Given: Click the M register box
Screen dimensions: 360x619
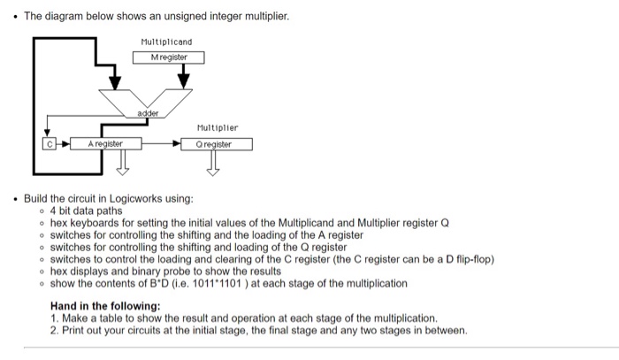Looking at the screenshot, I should pos(168,57).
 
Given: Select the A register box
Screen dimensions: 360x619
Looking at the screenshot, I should pos(103,143).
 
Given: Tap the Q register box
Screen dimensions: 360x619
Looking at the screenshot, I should pos(217,143).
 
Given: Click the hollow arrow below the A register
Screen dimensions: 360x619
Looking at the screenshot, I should pos(121,162).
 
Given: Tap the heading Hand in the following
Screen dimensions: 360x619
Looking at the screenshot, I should pos(108,305).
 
